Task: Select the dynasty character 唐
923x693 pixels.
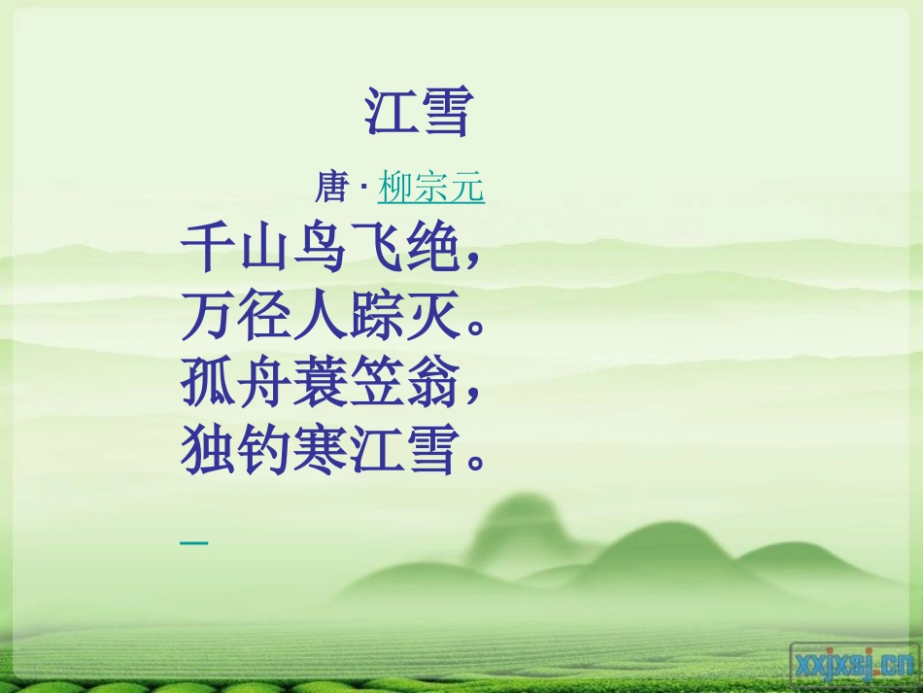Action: [331, 187]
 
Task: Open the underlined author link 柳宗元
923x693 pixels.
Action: [431, 187]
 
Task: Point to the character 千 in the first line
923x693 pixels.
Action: [208, 250]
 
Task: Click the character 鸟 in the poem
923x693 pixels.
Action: [319, 250]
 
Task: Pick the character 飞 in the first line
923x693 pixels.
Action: [374, 250]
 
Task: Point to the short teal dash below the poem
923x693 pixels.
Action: [194, 541]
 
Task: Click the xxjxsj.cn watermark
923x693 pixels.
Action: [853, 663]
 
